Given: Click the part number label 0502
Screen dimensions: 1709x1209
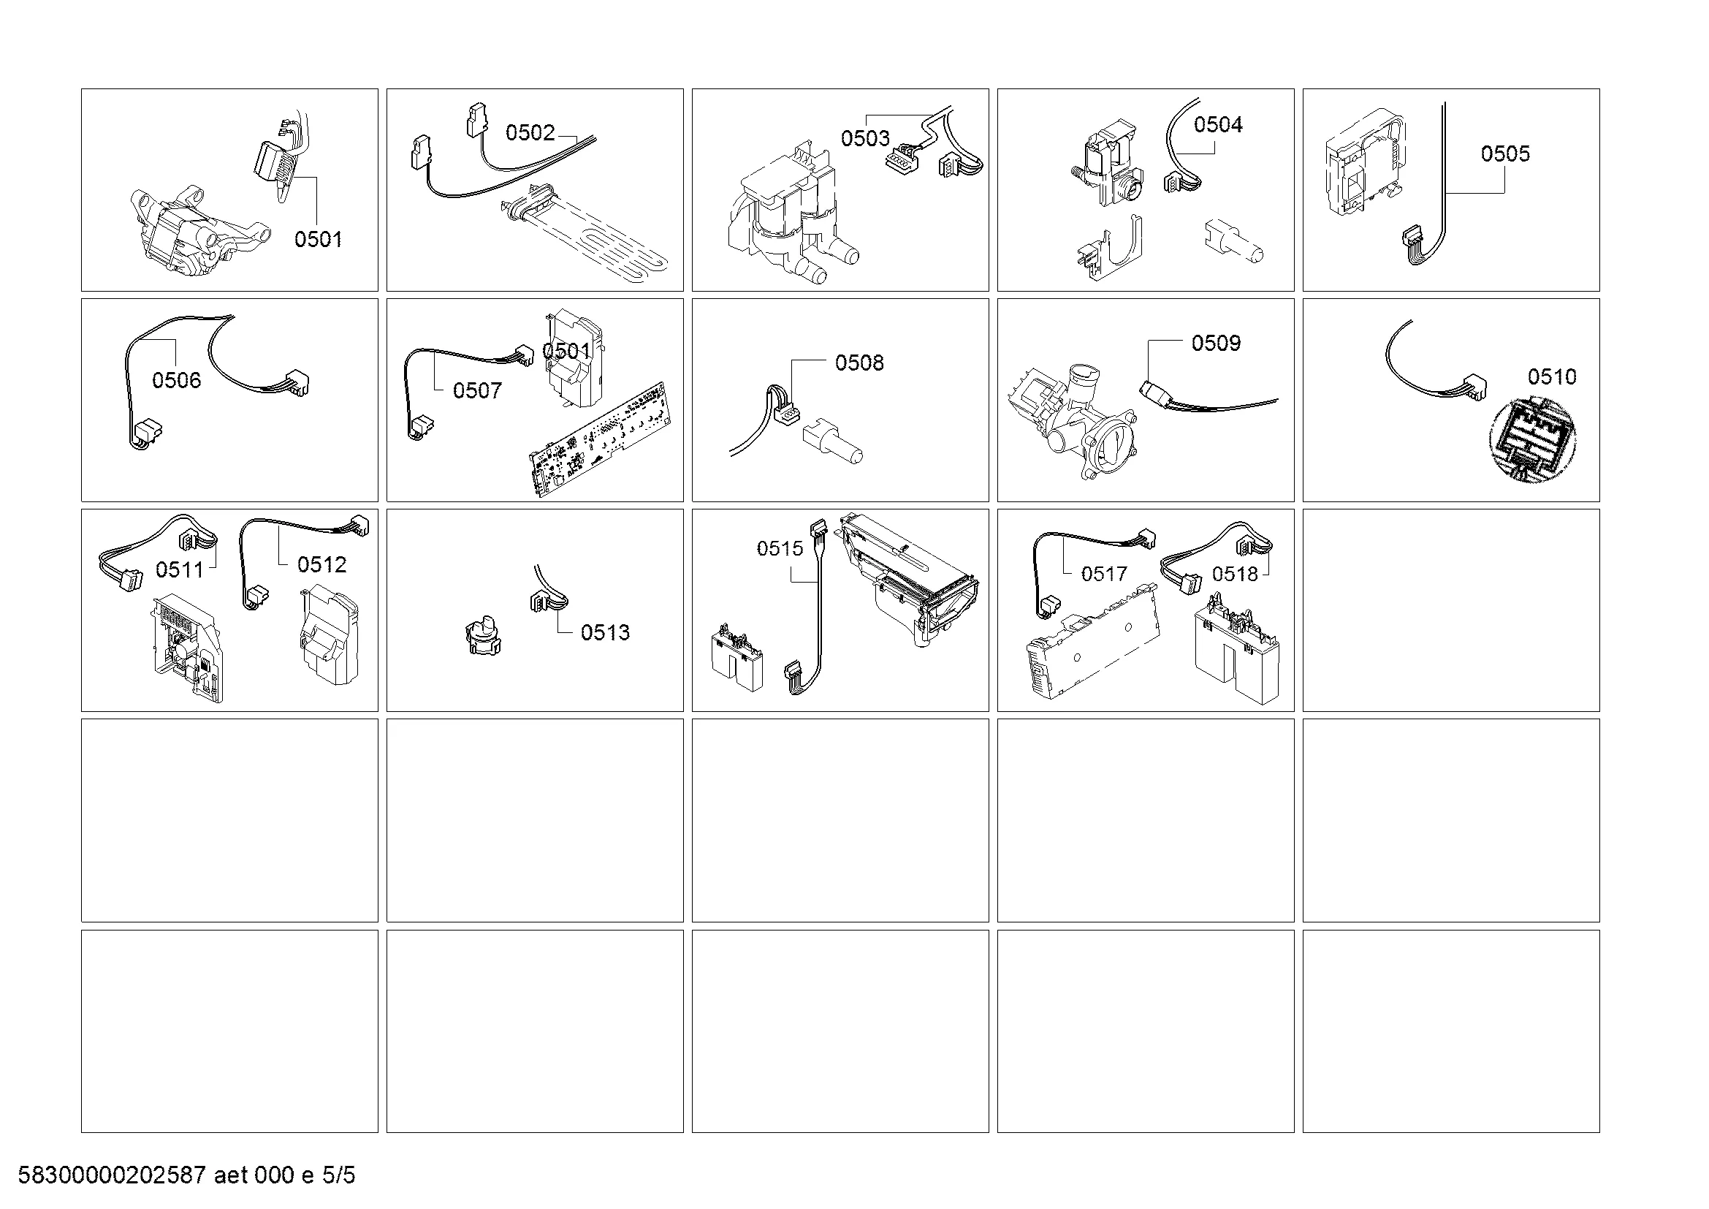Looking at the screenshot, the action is pyautogui.click(x=530, y=132).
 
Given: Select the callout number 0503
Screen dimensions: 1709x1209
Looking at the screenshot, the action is pyautogui.click(x=865, y=138).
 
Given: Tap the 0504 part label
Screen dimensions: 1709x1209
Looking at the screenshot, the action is pyautogui.click(x=1218, y=124).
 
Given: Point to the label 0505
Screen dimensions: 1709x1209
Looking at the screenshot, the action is pyautogui.click(x=1505, y=154).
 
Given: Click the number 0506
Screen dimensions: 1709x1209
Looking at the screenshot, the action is pyautogui.click(x=176, y=380).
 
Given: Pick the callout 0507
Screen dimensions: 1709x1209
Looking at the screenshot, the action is pyautogui.click(x=477, y=390).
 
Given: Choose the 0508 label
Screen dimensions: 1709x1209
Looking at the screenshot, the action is pyautogui.click(x=859, y=363).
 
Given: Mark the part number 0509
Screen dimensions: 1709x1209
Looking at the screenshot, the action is pyautogui.click(x=1216, y=344).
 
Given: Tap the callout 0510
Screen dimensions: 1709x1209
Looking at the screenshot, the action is pyautogui.click(x=1552, y=376).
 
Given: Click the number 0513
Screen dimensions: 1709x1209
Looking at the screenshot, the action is pyautogui.click(x=604, y=633).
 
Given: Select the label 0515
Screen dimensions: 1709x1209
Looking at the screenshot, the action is pyautogui.click(x=780, y=549).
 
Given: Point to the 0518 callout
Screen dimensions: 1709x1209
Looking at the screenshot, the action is pyautogui.click(x=1235, y=574).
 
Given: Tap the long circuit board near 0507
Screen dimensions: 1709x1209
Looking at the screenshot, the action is pyautogui.click(x=598, y=439).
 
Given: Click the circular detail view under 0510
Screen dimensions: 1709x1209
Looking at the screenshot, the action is pyautogui.click(x=1533, y=440).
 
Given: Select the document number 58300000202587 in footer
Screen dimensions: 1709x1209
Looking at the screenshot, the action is pyautogui.click(x=111, y=1175).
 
